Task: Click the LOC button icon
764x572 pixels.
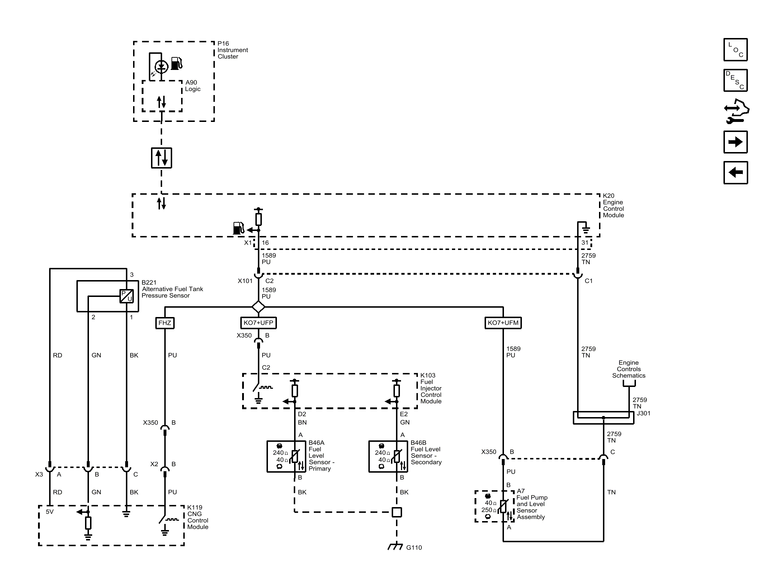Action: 735,49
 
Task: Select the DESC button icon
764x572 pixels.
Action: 735,80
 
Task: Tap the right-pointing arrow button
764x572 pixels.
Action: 735,142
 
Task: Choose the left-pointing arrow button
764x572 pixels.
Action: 735,172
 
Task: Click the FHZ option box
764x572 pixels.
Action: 165,323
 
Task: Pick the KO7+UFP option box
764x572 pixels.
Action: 258,323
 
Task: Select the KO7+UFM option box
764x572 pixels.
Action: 503,323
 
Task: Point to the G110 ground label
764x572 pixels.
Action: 414,548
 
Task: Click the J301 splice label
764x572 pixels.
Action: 643,413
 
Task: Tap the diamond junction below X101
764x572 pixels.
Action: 258,307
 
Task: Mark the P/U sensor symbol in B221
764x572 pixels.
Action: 126,296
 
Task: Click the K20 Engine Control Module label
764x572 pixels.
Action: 613,205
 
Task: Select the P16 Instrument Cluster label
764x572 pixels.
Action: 232,50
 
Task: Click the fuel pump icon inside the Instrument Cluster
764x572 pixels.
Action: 177,63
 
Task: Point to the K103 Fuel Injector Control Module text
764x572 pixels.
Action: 431,388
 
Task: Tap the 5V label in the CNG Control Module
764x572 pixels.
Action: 49,512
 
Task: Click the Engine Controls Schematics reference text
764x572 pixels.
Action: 628,369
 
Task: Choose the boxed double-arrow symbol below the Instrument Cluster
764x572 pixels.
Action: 161,158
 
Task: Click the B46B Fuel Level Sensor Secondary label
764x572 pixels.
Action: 426,453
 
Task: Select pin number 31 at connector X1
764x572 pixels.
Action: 585,242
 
